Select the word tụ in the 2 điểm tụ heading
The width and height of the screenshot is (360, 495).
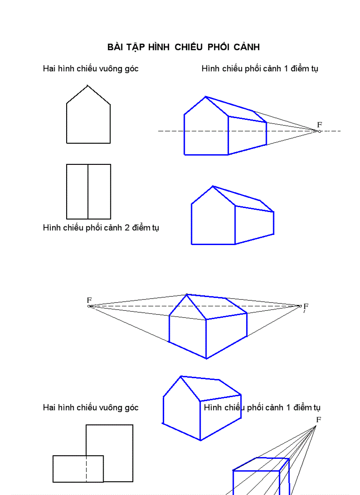point(155,228)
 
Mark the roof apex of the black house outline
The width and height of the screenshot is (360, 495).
point(88,86)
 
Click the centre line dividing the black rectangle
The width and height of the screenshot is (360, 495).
point(88,192)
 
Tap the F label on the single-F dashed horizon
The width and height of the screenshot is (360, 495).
point(319,125)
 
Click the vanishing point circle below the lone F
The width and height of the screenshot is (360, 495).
point(319,131)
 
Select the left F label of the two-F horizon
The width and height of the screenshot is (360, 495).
point(89,300)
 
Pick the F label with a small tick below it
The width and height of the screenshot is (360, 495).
point(306,306)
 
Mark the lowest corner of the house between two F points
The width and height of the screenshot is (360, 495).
point(206,358)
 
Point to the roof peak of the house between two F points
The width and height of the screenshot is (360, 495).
point(187,294)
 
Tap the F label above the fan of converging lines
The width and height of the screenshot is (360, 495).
point(318,419)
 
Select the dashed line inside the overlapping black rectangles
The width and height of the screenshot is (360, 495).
point(86,469)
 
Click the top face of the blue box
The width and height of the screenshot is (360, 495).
point(260,465)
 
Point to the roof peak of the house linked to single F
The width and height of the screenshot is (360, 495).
point(205,97)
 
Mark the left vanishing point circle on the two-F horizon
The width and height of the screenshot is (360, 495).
point(89,306)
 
